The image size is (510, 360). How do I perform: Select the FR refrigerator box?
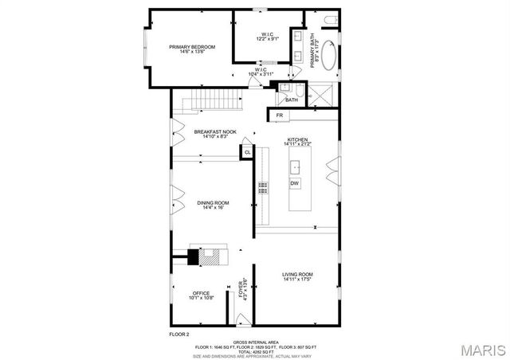click(279, 116)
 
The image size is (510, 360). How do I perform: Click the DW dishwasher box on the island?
click(295, 184)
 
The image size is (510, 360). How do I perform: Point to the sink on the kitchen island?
click(295, 166)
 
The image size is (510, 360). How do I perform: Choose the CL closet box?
click(247, 151)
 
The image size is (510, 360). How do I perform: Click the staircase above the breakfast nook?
click(212, 100)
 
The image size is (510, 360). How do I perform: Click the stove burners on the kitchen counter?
click(262, 188)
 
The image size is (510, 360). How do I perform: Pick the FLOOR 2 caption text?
click(179, 334)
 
